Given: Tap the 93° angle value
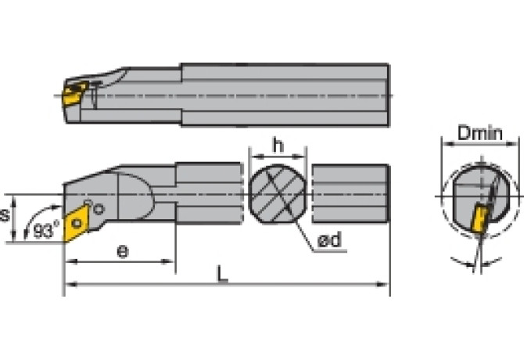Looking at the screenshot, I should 46,232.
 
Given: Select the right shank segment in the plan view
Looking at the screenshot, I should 350,193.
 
